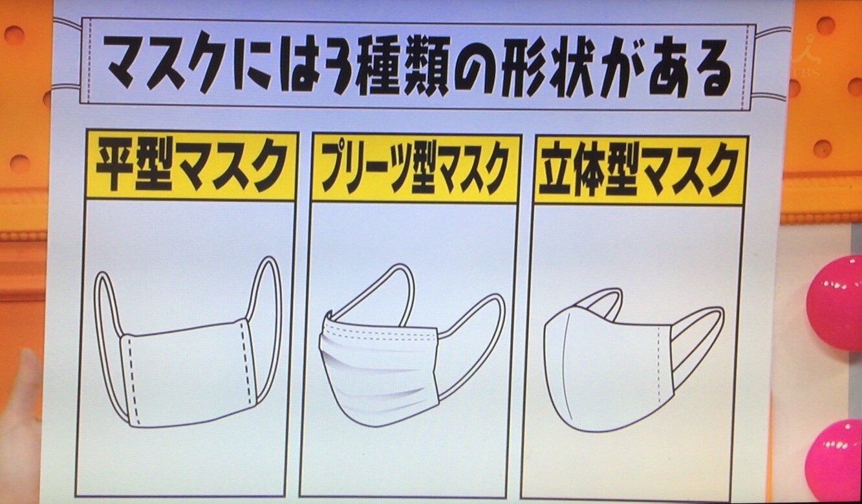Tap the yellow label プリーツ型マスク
click(x=416, y=168)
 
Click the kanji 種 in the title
click(x=379, y=64)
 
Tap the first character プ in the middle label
click(x=334, y=168)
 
